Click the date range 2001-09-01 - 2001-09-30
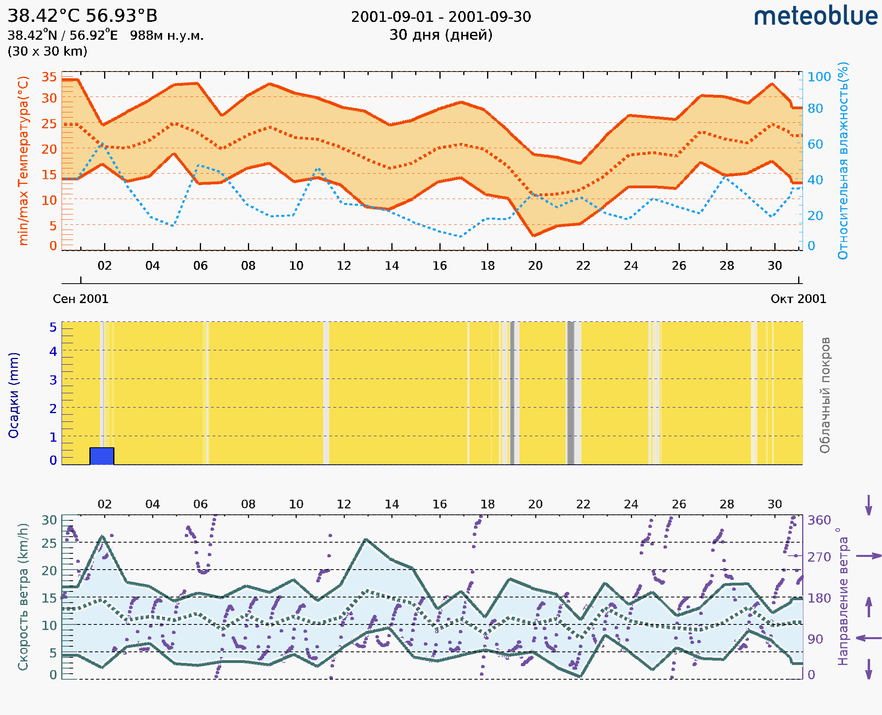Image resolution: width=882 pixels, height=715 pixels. click(x=441, y=17)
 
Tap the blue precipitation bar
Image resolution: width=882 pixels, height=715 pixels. click(x=102, y=456)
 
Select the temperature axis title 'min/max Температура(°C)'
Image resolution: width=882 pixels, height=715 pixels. click(x=23, y=160)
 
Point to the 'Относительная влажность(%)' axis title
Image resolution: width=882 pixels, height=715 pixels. click(x=843, y=160)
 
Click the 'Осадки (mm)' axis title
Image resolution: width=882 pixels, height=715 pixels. click(x=14, y=395)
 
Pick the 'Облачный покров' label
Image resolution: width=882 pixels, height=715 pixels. click(x=824, y=395)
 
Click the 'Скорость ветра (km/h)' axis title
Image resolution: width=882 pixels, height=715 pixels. click(x=23, y=597)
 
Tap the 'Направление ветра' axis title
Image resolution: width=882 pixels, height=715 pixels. click(x=843, y=597)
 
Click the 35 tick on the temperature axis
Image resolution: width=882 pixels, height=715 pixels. click(x=49, y=77)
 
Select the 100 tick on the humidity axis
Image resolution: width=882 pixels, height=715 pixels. click(x=818, y=77)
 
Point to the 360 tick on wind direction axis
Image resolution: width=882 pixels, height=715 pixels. click(x=818, y=520)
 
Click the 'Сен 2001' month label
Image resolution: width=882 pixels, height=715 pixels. click(x=81, y=299)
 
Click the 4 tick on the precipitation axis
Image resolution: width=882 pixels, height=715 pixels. click(x=53, y=351)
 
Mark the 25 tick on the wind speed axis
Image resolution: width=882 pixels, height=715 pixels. click(x=49, y=543)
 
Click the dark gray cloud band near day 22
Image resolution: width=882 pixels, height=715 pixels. click(x=570, y=393)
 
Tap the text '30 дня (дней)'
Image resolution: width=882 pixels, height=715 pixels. click(x=441, y=35)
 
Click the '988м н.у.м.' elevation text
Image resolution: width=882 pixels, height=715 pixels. click(x=167, y=36)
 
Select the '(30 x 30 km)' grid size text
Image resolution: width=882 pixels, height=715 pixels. click(x=47, y=52)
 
